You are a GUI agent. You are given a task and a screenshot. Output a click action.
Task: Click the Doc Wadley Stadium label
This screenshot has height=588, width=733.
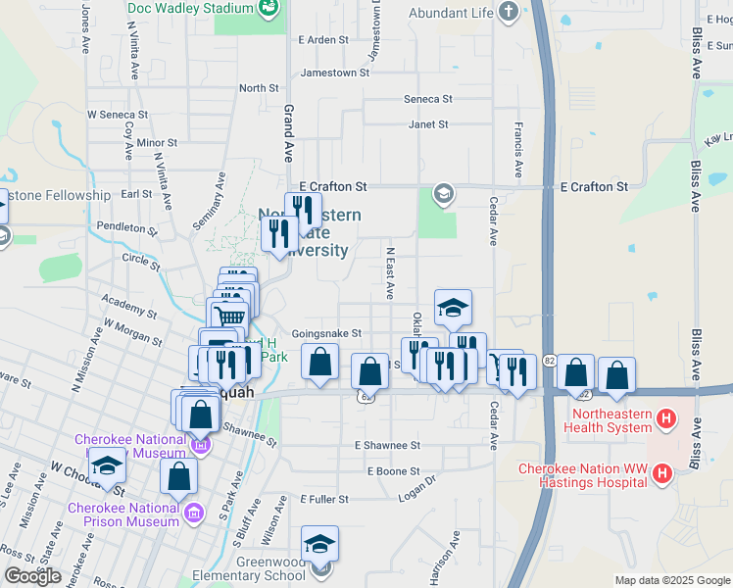click(x=190, y=8)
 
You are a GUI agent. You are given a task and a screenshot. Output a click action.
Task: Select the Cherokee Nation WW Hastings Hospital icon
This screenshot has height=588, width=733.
click(x=662, y=475)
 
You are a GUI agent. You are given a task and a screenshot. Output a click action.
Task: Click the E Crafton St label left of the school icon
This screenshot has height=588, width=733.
click(x=332, y=186)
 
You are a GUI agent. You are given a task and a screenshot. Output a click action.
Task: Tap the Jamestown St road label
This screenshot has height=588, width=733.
click(x=335, y=73)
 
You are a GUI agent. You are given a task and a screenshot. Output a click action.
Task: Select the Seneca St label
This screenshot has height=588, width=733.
click(x=428, y=99)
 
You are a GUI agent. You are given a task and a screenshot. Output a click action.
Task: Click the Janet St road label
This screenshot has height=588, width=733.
click(x=428, y=124)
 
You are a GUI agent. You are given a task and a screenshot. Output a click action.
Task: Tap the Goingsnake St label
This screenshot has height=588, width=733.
click(x=326, y=334)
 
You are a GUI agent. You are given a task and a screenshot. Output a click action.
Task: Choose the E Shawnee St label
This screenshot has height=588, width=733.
click(x=387, y=445)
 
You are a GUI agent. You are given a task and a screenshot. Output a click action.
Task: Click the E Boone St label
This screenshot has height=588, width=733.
click(x=393, y=471)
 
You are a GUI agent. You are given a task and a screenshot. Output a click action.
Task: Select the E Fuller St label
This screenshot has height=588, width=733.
click(x=324, y=499)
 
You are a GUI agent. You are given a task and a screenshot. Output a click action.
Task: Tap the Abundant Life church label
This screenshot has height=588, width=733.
click(x=450, y=13)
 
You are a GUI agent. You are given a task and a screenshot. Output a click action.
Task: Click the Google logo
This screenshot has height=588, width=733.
click(x=32, y=576)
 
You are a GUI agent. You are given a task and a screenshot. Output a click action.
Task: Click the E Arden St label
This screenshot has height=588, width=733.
click(x=322, y=40)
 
